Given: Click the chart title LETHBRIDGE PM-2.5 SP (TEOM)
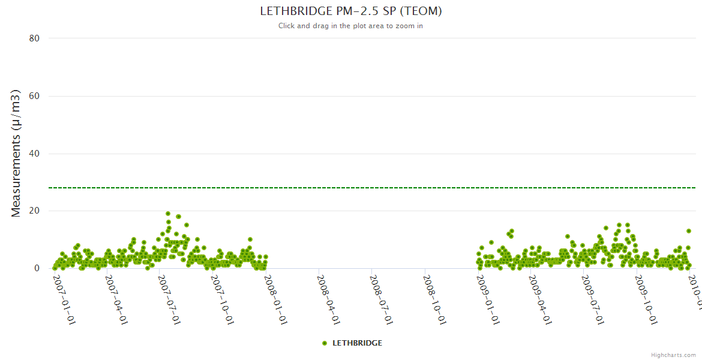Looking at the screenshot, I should coord(351,11).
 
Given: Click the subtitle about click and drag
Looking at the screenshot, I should coord(350,26).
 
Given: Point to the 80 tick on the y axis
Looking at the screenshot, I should coord(34,38).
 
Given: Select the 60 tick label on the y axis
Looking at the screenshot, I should coord(34,96).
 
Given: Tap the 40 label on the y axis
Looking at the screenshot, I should coord(34,154).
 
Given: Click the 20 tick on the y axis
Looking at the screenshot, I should coord(34,211).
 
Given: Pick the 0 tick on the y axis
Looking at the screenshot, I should coord(37,269).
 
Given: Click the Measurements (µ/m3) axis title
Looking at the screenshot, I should coord(16,153).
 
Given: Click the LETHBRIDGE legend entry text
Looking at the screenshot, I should coord(357,343).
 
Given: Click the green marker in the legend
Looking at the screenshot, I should coord(325,343).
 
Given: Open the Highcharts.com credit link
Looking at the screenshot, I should coord(673,355).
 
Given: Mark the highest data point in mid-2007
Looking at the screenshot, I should coord(168,214).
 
